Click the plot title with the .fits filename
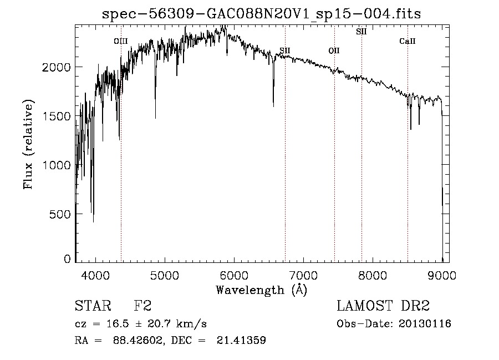click(262, 14)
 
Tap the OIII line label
click(121, 41)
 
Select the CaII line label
click(408, 41)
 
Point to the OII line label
click(334, 50)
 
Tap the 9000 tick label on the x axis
click(442, 274)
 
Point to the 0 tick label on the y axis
click(67, 259)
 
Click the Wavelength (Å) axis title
click(261, 290)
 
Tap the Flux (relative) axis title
click(28, 144)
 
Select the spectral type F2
click(142, 306)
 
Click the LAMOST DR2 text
click(383, 306)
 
